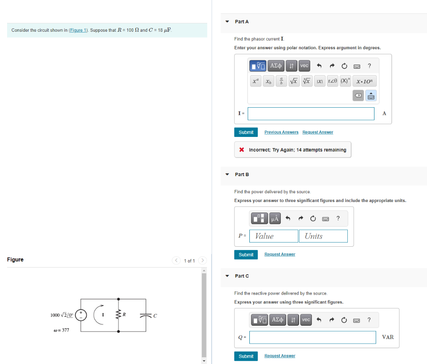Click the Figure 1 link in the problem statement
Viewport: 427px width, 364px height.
tap(78, 30)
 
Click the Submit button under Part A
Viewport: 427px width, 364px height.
tap(246, 132)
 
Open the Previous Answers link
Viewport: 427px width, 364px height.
tap(281, 132)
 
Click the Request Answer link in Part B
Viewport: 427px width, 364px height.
tap(280, 254)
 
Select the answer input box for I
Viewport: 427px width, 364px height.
tap(311, 114)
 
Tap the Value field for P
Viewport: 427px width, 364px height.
tap(274, 236)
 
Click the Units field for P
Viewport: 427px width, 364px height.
tap(323, 236)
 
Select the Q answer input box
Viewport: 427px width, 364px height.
tap(313, 338)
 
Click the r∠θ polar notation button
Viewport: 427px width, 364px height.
tap(332, 81)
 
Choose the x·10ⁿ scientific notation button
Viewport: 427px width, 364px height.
tap(364, 81)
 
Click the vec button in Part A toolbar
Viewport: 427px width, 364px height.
tap(304, 66)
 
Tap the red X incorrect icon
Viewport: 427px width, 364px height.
tap(241, 150)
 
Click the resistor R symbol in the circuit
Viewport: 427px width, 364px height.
tap(118, 314)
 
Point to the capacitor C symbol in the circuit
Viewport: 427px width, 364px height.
tap(146, 316)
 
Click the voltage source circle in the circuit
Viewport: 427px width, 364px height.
tap(81, 315)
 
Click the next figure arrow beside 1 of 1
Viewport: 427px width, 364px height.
tap(202, 260)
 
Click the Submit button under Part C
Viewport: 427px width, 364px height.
tap(246, 356)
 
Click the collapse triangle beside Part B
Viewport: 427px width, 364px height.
tap(227, 174)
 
